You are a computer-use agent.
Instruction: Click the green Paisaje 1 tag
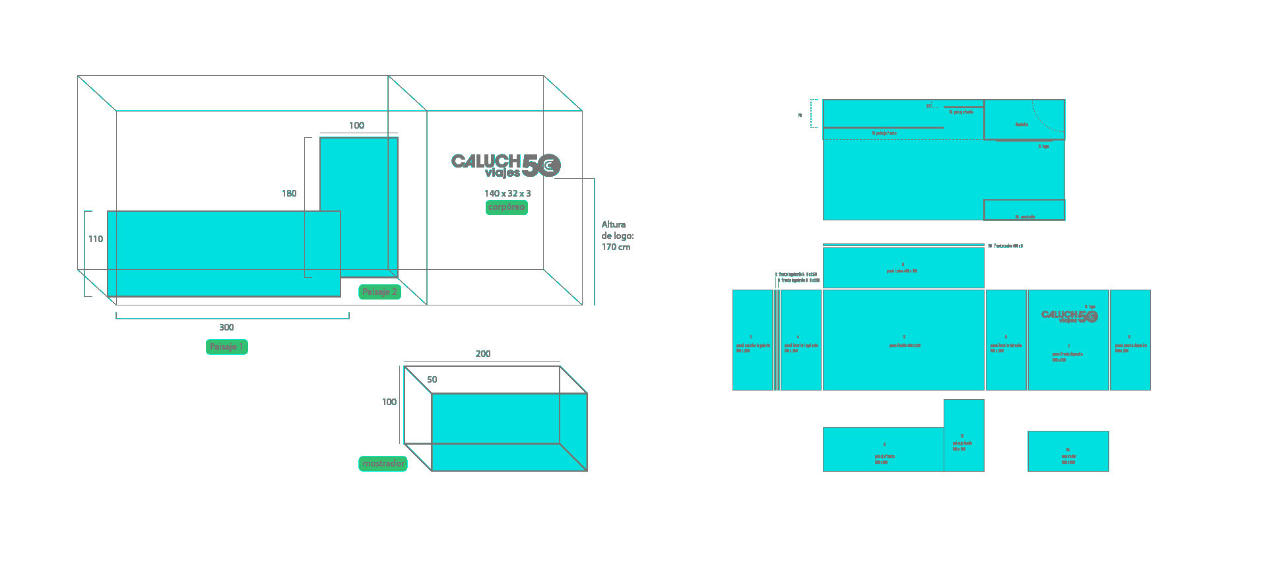(226, 347)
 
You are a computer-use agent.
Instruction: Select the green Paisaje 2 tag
(379, 292)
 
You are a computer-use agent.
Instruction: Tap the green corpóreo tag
(506, 207)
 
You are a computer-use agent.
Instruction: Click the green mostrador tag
(383, 464)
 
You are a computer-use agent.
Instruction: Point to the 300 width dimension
(226, 327)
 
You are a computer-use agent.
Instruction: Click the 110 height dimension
(96, 239)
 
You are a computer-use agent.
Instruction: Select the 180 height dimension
(289, 193)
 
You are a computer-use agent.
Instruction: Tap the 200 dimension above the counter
(483, 354)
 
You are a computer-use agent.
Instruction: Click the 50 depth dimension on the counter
(432, 379)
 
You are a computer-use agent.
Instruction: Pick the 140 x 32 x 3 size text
(507, 193)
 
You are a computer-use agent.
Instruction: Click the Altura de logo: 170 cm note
(617, 236)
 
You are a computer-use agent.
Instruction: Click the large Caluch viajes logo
(505, 165)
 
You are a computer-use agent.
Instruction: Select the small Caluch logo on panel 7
(1069, 316)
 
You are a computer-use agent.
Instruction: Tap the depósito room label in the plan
(1022, 125)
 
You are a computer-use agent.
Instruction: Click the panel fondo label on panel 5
(904, 345)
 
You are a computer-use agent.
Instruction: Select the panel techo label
(902, 270)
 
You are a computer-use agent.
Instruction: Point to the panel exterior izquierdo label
(753, 346)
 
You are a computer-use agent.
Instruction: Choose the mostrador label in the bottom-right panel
(1068, 457)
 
